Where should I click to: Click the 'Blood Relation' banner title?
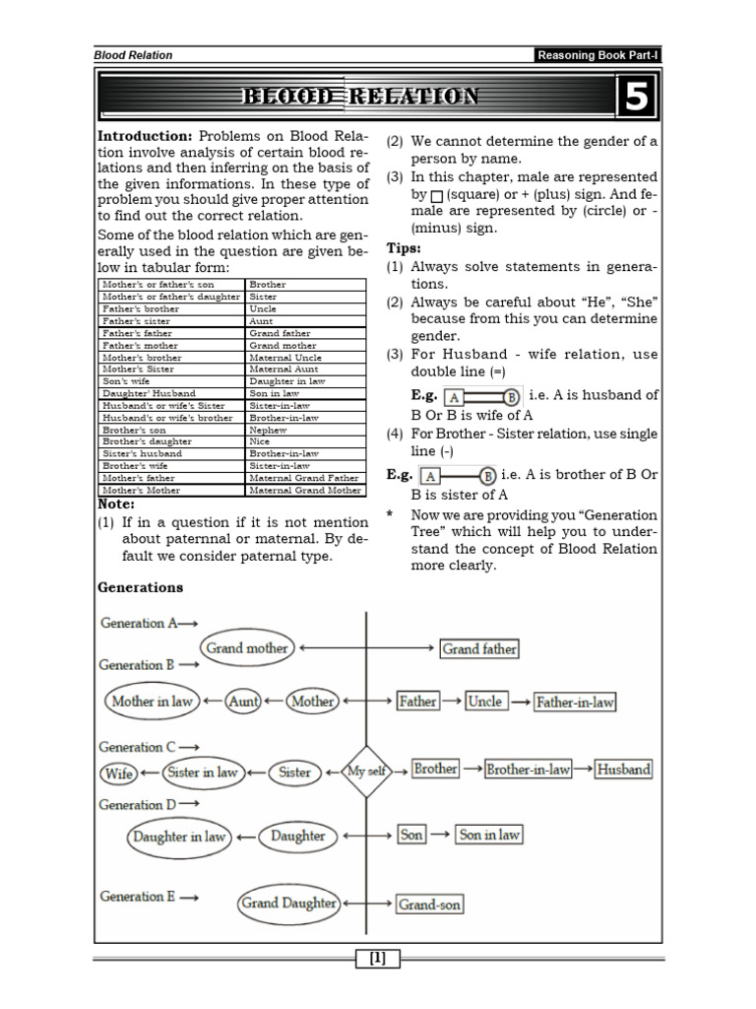click(361, 97)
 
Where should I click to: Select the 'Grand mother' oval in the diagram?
click(246, 648)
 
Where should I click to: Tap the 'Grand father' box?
click(479, 649)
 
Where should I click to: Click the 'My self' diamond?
click(366, 772)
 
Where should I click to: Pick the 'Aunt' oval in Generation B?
click(244, 702)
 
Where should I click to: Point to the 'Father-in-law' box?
click(575, 703)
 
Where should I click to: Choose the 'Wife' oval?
click(119, 774)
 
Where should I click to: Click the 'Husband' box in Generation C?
click(623, 770)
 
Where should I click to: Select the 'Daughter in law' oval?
click(178, 837)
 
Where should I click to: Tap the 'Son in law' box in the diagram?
click(489, 835)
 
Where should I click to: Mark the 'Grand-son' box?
click(429, 904)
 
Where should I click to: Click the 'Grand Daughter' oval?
click(288, 903)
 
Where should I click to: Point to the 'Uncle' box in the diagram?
click(484, 702)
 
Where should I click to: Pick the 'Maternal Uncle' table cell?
click(285, 357)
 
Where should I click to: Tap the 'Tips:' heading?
click(404, 248)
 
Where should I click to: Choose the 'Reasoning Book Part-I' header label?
click(598, 55)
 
